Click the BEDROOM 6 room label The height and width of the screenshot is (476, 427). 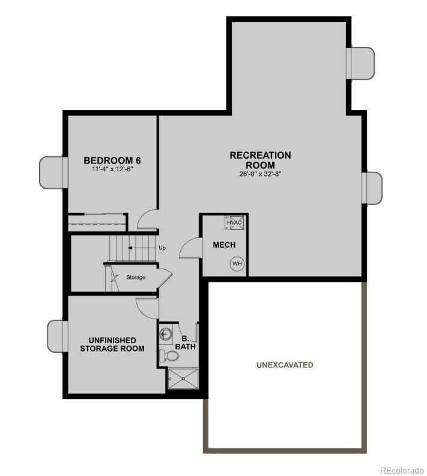pyautogui.click(x=112, y=160)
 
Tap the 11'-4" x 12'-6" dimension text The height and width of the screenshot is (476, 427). pyautogui.click(x=112, y=169)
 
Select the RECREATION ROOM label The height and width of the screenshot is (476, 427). pyautogui.click(x=260, y=160)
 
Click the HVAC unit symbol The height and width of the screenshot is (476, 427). pyautogui.click(x=234, y=222)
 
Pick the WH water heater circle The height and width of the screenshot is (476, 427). pyautogui.click(x=236, y=263)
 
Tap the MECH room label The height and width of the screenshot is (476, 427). pyautogui.click(x=224, y=245)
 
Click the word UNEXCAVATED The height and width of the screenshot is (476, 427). pyautogui.click(x=285, y=365)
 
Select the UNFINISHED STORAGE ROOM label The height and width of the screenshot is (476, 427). pyautogui.click(x=112, y=344)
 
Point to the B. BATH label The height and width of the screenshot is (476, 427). pyautogui.click(x=185, y=343)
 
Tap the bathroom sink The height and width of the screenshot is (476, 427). pyautogui.click(x=166, y=334)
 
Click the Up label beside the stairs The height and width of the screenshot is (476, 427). pyautogui.click(x=162, y=248)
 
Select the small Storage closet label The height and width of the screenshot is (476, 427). pyautogui.click(x=136, y=277)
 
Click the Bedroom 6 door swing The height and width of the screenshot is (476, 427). pyautogui.click(x=147, y=221)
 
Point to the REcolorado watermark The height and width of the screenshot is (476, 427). pyautogui.click(x=401, y=470)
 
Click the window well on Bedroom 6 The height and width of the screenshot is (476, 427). pyautogui.click(x=52, y=171)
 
